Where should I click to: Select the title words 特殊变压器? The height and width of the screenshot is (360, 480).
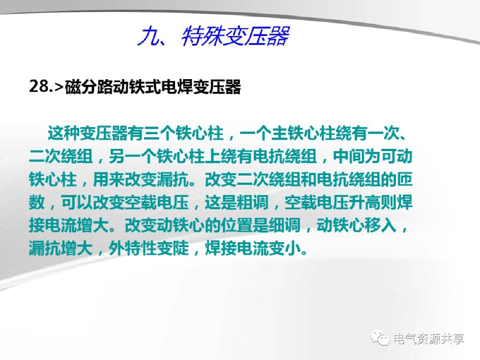click(235, 37)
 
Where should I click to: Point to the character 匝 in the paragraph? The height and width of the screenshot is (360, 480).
click(405, 179)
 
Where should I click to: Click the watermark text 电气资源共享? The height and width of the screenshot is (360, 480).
click(429, 339)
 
